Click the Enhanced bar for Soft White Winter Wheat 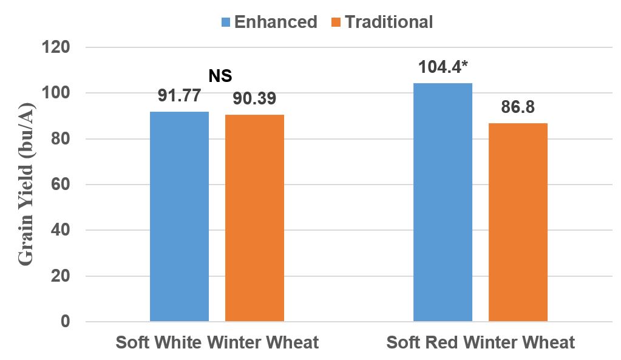point(179,217)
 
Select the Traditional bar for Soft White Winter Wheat point(254,218)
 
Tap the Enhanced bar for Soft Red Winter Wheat point(443,202)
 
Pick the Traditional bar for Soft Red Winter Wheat point(518,222)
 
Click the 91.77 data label point(179,97)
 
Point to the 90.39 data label point(255,100)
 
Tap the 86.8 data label point(518,108)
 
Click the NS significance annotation point(220,76)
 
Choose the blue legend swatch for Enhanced point(226,22)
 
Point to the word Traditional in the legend point(389,22)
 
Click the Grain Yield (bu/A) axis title point(25,185)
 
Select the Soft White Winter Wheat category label point(217,342)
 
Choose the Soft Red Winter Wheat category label point(480,342)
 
